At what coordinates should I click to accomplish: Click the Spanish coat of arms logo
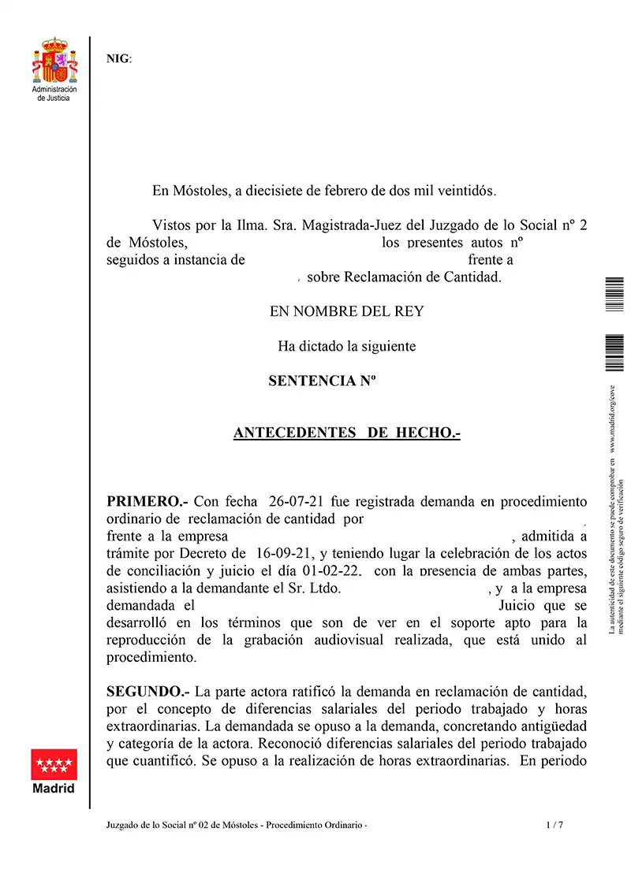coord(54,61)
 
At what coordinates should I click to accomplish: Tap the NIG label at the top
coord(119,58)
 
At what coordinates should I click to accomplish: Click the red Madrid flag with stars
coord(54,764)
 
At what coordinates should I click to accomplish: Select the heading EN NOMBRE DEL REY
coord(346,311)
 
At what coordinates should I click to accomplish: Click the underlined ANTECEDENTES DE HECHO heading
coord(346,433)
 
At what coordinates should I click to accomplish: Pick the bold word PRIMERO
coord(147,501)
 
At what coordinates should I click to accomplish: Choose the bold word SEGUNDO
coord(148,692)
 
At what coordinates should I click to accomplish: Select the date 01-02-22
coord(331,570)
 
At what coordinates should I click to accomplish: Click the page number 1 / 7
coord(554,825)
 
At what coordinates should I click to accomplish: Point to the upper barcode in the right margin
coord(614,295)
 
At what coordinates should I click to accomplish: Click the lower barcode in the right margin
coord(614,353)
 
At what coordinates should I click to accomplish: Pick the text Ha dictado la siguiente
coord(346,346)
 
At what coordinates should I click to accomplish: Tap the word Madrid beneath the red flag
coord(54,789)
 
